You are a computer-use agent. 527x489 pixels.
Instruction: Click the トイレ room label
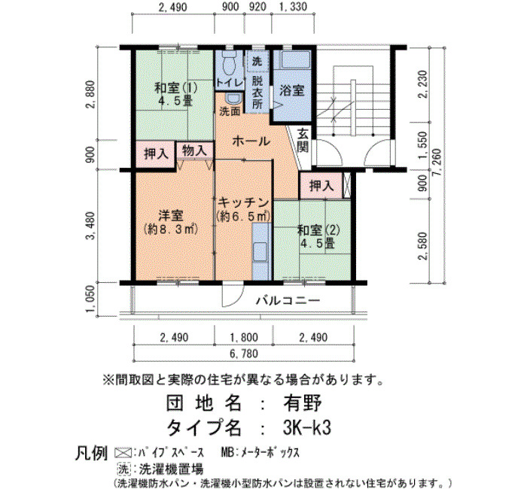[229, 83]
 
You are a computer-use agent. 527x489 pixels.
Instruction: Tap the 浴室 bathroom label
[292, 90]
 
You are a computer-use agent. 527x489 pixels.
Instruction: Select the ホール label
[251, 141]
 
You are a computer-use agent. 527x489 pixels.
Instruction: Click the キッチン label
[243, 202]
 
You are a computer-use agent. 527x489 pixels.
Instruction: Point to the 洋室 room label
[171, 216]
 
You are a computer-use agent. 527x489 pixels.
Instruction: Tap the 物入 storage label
[194, 150]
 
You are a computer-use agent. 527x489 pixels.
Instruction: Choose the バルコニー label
[288, 300]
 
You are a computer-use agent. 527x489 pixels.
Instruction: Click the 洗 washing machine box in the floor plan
[257, 61]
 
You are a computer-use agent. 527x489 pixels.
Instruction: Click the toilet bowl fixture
[230, 62]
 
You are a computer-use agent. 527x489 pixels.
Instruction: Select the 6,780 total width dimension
[245, 354]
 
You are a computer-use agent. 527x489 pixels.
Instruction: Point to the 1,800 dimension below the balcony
[245, 337]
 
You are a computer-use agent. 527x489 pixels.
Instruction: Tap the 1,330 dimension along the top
[293, 7]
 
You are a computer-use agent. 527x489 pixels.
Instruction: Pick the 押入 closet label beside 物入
[156, 154]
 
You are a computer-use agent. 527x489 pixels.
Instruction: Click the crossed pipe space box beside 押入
[347, 185]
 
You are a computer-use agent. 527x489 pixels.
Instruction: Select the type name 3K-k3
[307, 427]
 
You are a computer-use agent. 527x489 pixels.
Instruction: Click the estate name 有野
[303, 403]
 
